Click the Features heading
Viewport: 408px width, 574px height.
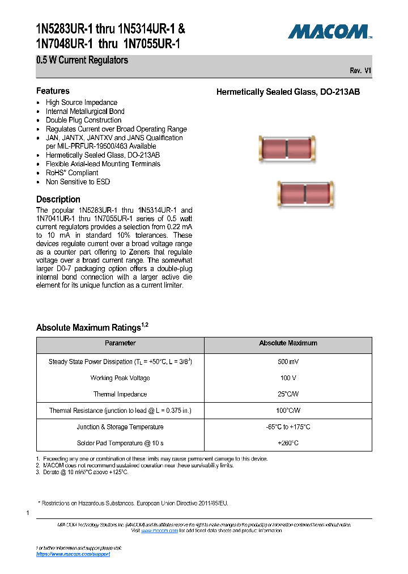coord(53,91)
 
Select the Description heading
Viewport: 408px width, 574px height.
coord(58,199)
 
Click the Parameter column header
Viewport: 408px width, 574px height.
coord(120,343)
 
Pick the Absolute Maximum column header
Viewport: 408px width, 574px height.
coord(288,343)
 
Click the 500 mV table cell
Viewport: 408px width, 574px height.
coord(288,362)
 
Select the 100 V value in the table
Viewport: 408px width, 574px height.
coord(288,378)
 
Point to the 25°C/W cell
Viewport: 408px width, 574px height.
coord(288,394)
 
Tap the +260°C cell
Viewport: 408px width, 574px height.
coord(288,443)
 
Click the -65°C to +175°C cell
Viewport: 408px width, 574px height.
coord(288,427)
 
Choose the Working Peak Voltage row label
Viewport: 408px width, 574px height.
coord(120,378)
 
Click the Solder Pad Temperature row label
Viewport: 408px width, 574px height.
coord(120,443)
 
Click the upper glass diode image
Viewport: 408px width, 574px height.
coord(287,149)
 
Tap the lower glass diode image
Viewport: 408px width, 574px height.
coord(305,195)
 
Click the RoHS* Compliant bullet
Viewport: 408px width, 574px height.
coord(72,173)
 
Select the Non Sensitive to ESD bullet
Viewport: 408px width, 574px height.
coord(78,182)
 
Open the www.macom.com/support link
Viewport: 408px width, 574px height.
coord(73,554)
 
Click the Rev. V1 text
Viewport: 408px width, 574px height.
coord(360,71)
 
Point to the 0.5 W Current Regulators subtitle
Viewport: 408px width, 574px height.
coord(82,60)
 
